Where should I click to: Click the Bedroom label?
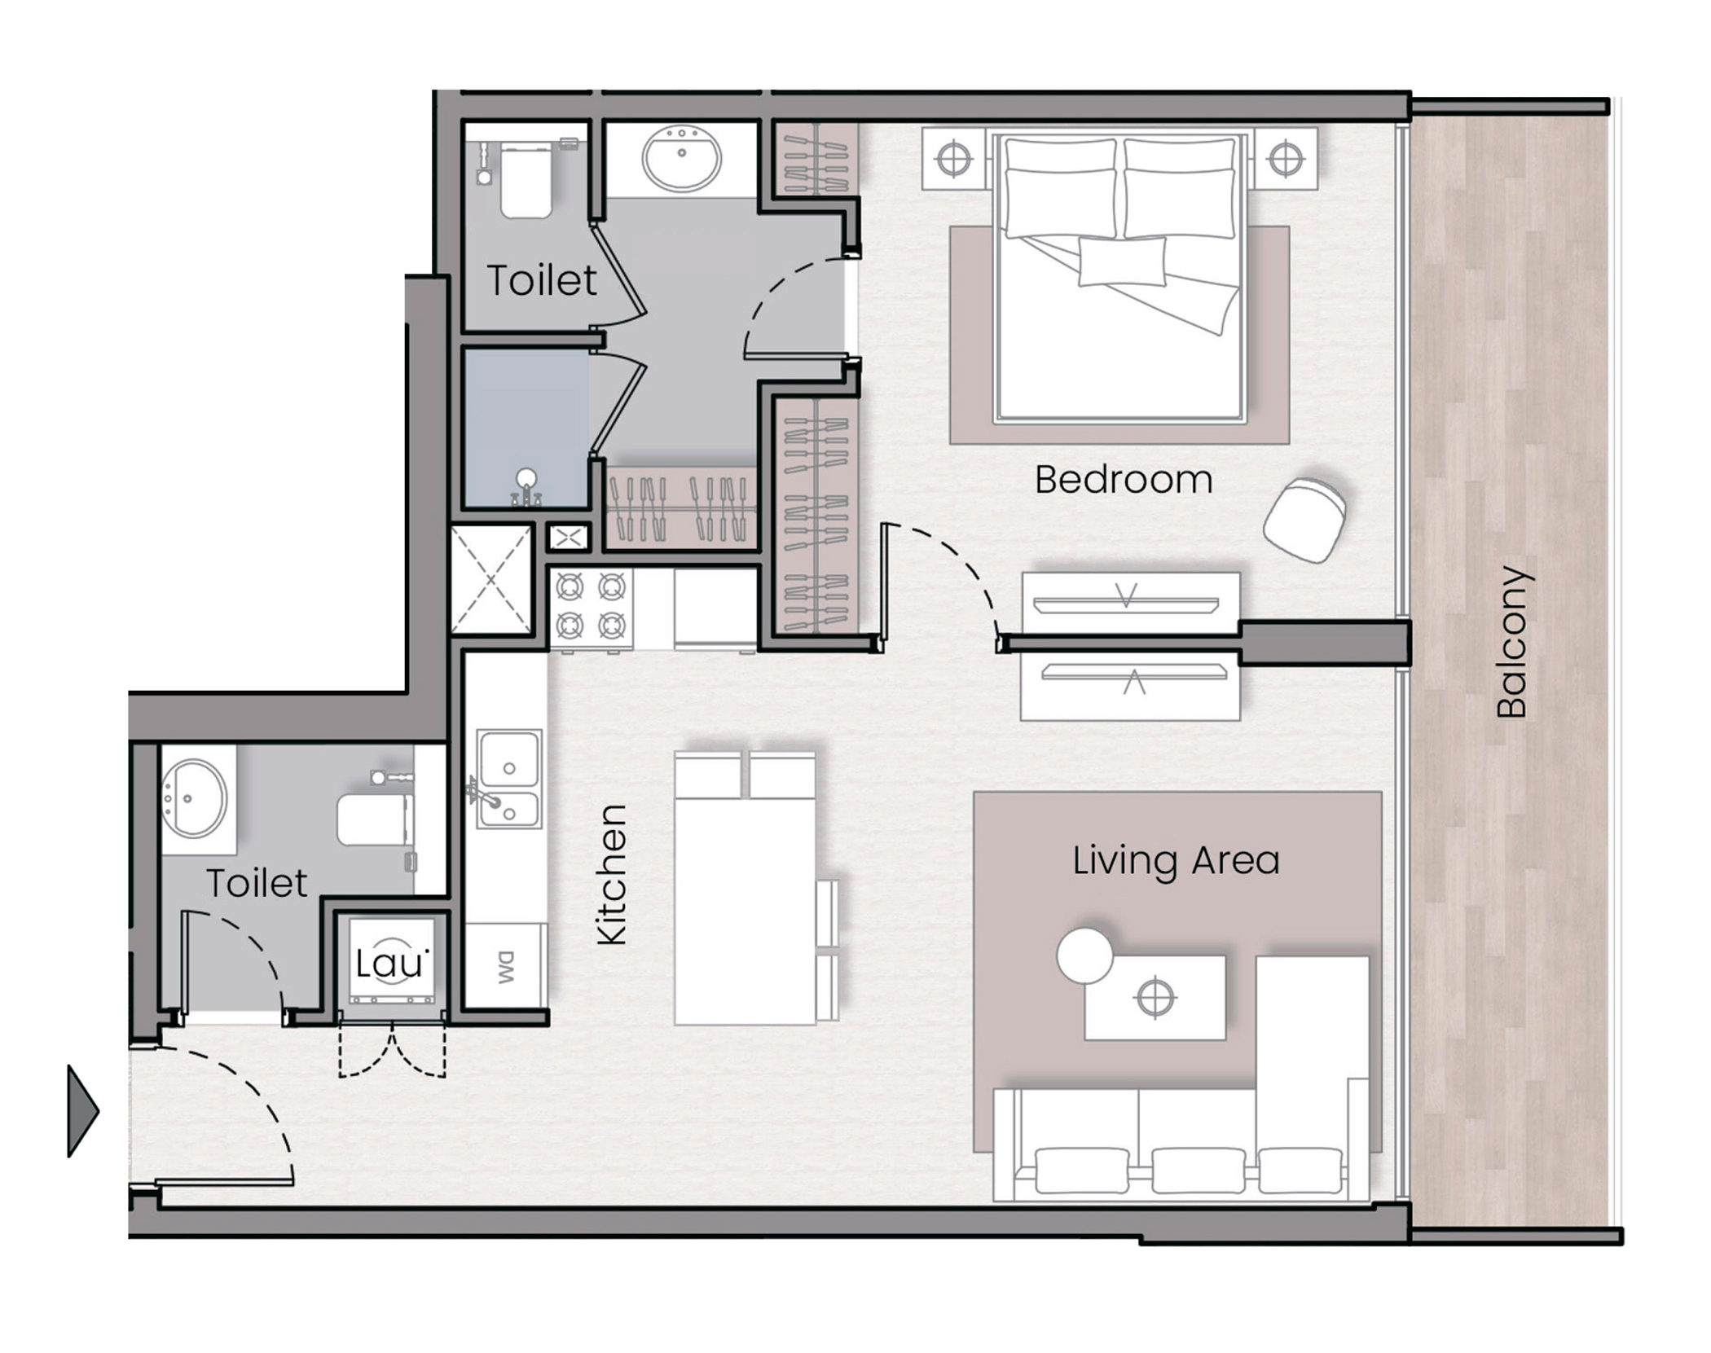(1124, 480)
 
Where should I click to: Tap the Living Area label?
(1176, 861)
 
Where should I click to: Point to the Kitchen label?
(612, 875)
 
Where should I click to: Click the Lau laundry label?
(391, 964)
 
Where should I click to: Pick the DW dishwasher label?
(506, 967)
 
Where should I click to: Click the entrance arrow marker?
(82, 1111)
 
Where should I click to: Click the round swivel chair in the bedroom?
(1305, 520)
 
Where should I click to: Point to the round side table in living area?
(1084, 955)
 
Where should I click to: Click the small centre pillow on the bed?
(1122, 261)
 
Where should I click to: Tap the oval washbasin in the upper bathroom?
(681, 157)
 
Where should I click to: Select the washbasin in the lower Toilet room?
(194, 798)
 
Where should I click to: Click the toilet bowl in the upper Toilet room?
(526, 182)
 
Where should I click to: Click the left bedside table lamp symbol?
(953, 159)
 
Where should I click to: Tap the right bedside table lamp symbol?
(1285, 159)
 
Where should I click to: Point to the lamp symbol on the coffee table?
(1155, 998)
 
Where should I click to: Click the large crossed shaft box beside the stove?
(491, 579)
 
